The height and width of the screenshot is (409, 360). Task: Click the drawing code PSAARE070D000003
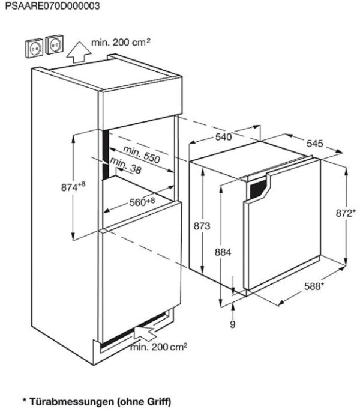click(52, 6)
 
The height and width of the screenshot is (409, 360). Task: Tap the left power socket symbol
click(34, 48)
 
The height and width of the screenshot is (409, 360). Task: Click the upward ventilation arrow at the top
click(79, 52)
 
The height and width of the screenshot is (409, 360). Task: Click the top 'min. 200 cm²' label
click(121, 42)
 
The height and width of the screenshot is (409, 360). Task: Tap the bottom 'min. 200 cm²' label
click(158, 347)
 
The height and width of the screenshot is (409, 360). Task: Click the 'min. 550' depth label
click(141, 155)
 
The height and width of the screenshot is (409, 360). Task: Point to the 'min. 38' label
click(125, 166)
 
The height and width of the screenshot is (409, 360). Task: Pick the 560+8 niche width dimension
click(142, 202)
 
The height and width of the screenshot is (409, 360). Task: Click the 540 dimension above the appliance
click(223, 136)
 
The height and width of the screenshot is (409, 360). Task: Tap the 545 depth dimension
click(314, 143)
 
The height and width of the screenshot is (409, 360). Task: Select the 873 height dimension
click(202, 226)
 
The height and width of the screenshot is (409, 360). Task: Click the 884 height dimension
click(223, 252)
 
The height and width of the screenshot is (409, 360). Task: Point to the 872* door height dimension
click(345, 213)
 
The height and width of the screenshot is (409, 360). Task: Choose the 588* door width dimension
click(314, 286)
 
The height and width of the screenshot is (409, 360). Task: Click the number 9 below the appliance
click(233, 324)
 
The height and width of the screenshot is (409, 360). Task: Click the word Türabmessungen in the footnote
click(71, 401)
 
